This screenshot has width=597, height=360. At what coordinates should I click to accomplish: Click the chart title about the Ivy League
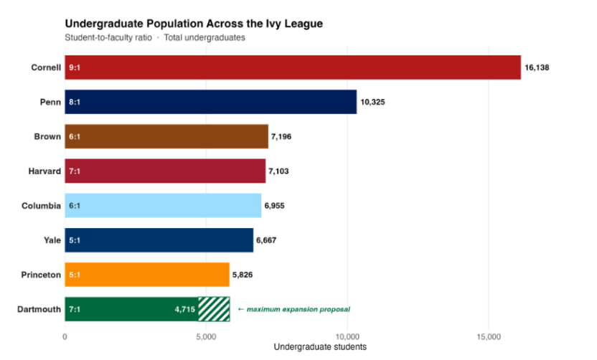point(194,24)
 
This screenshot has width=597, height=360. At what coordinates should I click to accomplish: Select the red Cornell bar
point(293,67)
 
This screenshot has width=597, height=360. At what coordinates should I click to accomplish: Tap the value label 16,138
point(537,67)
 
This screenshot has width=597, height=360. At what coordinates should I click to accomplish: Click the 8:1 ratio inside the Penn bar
point(75,102)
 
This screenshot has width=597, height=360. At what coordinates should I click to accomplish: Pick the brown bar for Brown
point(166,136)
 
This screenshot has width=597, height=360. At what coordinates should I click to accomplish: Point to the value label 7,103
point(278,171)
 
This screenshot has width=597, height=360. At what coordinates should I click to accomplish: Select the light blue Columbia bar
point(163,206)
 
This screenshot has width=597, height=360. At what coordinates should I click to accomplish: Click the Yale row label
point(52,240)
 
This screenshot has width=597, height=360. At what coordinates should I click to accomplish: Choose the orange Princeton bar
point(147,275)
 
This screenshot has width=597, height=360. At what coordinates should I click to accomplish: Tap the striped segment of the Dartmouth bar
point(214,309)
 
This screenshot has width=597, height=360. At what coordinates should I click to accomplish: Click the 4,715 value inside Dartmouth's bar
point(184,309)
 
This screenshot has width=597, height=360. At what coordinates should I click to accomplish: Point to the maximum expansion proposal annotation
point(294,309)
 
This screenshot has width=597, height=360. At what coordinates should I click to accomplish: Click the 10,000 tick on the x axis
point(347,337)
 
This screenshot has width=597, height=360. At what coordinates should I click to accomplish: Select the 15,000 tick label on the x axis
point(489,337)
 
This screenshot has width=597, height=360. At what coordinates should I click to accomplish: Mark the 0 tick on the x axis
point(65,337)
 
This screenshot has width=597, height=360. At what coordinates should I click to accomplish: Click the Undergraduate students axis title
point(320,347)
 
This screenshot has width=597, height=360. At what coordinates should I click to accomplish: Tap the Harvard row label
point(44,171)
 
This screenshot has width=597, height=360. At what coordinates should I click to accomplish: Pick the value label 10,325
point(372,102)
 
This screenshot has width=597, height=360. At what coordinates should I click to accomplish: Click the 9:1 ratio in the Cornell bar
point(75,67)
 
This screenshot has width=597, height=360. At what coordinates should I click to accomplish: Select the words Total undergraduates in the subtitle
point(205,38)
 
